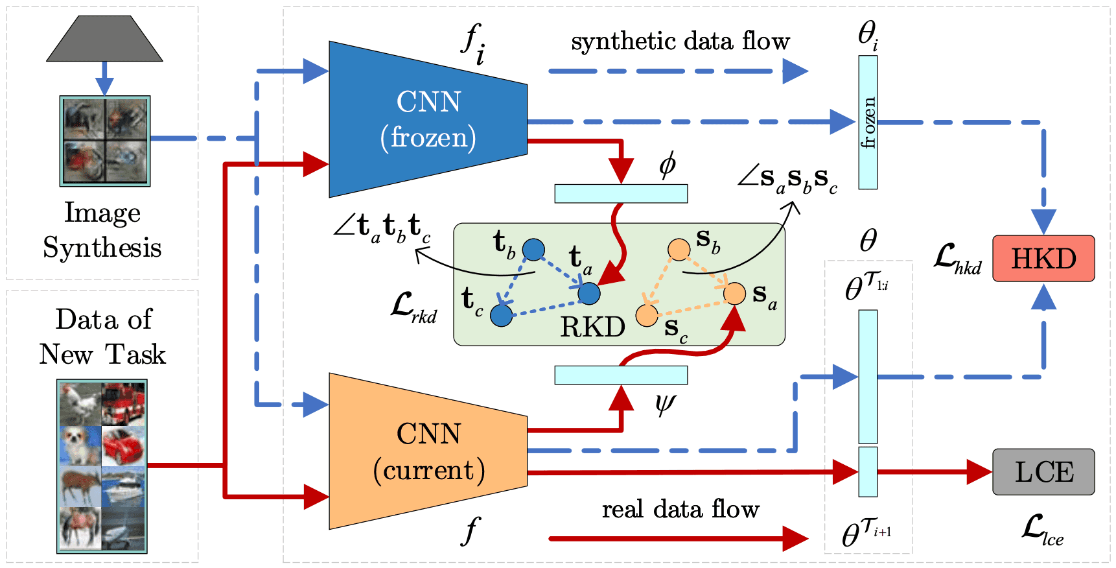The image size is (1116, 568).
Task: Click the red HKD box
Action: [1043, 259]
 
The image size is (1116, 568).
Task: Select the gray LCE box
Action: [1043, 472]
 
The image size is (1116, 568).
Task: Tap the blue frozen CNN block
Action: [428, 119]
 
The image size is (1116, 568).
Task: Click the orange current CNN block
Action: [428, 451]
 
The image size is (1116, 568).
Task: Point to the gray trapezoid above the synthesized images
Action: [104, 38]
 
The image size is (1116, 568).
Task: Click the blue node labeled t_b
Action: [533, 250]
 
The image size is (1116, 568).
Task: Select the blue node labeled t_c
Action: [501, 316]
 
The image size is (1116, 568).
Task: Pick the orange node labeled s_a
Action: [734, 293]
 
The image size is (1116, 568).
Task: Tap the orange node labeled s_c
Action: [647, 315]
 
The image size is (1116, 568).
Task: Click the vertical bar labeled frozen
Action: [868, 123]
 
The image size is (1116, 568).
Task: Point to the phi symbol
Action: [667, 165]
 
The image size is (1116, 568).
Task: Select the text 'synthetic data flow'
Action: [680, 41]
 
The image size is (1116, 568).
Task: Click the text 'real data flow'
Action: [680, 510]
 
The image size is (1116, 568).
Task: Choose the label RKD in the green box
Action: [592, 327]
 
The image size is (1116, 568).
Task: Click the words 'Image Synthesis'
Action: [102, 230]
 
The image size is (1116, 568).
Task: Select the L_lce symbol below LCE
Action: [1042, 530]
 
